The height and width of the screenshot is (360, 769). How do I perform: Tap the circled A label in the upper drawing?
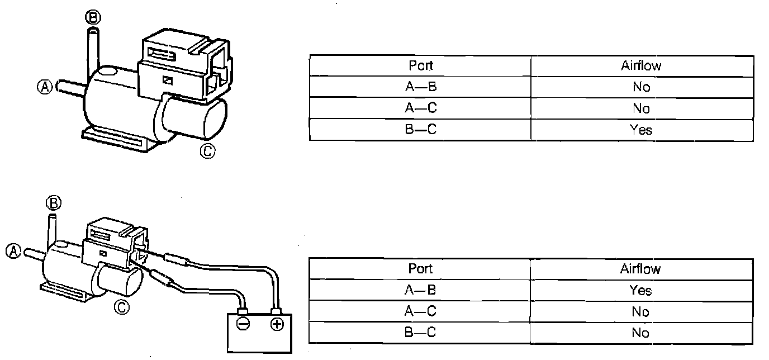click(x=45, y=87)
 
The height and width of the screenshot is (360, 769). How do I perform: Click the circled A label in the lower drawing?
click(x=15, y=251)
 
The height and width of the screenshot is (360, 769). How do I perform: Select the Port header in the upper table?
click(x=420, y=65)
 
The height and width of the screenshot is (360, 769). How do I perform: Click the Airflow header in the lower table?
click(x=640, y=269)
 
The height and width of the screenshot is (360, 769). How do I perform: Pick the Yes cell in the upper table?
click(x=640, y=130)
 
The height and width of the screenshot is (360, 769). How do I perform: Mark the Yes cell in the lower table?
click(x=640, y=290)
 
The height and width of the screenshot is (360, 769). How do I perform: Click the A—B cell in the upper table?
click(x=420, y=87)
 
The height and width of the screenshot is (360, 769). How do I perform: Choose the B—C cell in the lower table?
click(x=420, y=333)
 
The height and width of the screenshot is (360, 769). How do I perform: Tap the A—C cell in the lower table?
click(x=420, y=311)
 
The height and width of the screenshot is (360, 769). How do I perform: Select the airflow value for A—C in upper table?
click(x=640, y=108)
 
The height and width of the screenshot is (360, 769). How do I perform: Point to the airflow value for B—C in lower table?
click(x=640, y=333)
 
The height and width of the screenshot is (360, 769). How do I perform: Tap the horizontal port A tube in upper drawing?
click(x=70, y=88)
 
